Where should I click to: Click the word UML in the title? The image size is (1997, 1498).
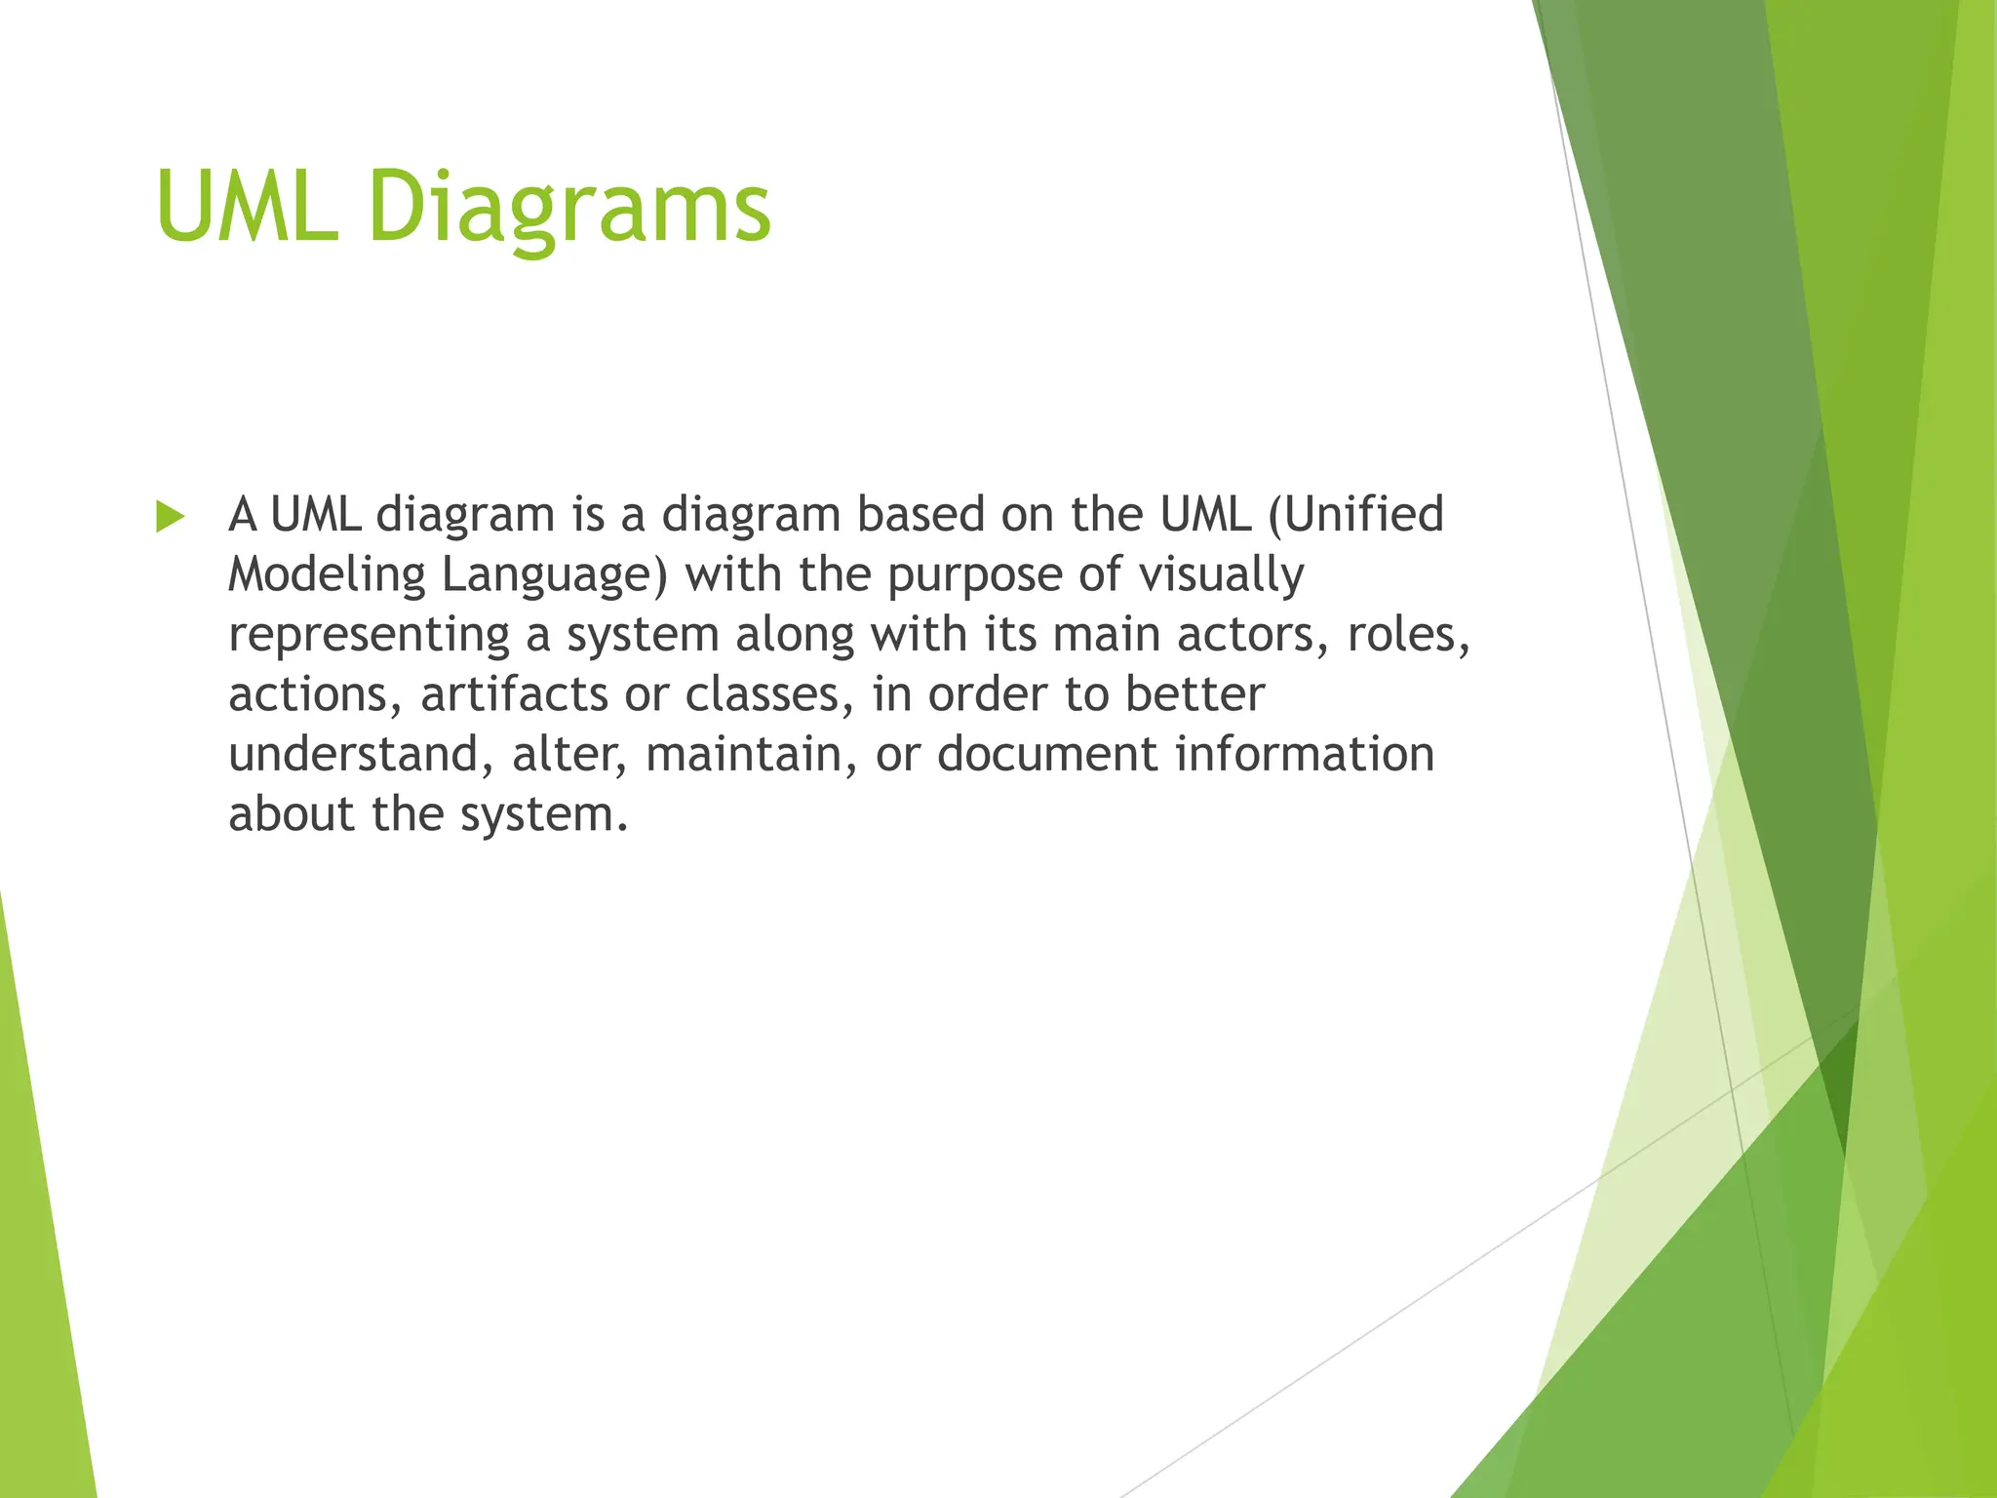tap(247, 207)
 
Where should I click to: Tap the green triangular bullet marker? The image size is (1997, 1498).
tap(170, 517)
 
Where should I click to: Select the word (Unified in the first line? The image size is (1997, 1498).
tap(1355, 515)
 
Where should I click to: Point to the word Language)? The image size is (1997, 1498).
tap(554, 575)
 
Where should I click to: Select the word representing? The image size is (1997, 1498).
tap(370, 636)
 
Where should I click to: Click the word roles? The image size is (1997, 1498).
tap(1408, 635)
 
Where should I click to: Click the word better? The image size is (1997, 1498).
tap(1194, 694)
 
